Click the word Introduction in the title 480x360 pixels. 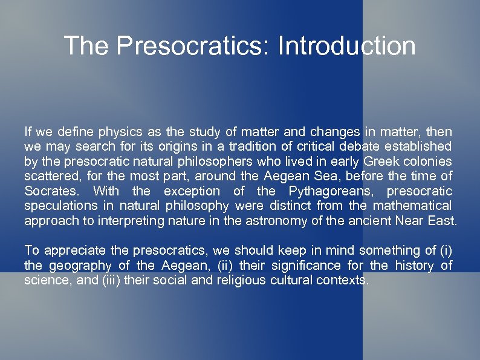pyautogui.click(x=346, y=46)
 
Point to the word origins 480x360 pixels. pyautogui.click(x=163, y=146)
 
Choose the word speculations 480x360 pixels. pyautogui.click(x=57, y=206)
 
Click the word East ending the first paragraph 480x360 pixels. pyautogui.click(x=443, y=220)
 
